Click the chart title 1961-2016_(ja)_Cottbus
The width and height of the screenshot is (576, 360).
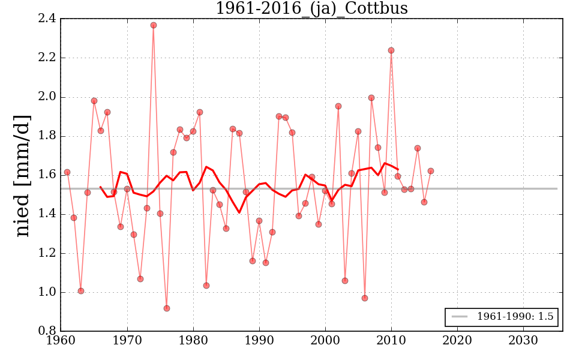pyautogui.click(x=311, y=9)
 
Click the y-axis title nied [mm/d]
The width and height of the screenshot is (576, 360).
pyautogui.click(x=23, y=176)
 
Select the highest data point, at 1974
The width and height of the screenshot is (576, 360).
pyautogui.click(x=154, y=25)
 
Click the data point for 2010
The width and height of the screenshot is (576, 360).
pyautogui.click(x=391, y=50)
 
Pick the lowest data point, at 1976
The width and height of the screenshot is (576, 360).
pyautogui.click(x=167, y=308)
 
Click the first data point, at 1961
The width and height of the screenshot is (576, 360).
pyautogui.click(x=67, y=172)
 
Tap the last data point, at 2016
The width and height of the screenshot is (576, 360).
pyautogui.click(x=431, y=171)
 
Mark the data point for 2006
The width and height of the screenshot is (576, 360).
pyautogui.click(x=365, y=298)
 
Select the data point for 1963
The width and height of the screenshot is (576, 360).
pyautogui.click(x=81, y=291)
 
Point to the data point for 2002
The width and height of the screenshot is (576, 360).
pyautogui.click(x=338, y=106)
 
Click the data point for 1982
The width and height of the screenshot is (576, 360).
pyautogui.click(x=206, y=286)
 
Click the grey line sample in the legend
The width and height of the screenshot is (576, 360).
pyautogui.click(x=459, y=317)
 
